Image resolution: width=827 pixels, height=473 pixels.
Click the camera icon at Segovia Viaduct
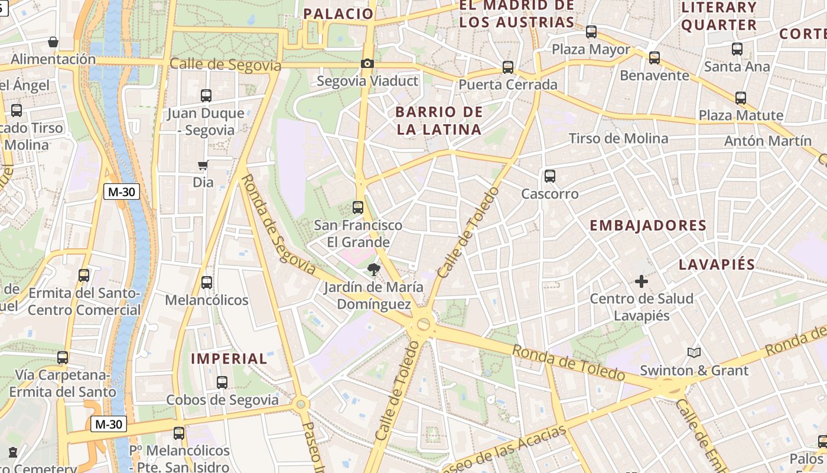coord(367,63)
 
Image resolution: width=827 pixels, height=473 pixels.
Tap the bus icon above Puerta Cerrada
coord(508,67)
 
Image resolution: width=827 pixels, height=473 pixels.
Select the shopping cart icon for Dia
coord(203,166)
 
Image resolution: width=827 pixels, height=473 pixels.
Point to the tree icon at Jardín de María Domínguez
coord(373,270)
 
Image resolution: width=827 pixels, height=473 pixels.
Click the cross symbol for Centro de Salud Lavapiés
coord(642,281)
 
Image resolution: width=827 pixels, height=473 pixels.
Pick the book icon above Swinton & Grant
coord(694,353)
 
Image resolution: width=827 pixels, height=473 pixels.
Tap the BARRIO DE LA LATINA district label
coord(439,121)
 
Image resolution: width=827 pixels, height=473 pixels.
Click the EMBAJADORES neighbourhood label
coord(648,225)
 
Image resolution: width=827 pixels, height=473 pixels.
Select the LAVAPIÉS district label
coord(717,264)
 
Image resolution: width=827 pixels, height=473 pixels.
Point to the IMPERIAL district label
coord(229,358)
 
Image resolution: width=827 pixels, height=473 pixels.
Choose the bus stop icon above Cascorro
coord(550,176)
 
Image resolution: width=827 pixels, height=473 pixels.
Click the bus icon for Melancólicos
coord(207,283)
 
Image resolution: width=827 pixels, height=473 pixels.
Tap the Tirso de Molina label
coord(618,138)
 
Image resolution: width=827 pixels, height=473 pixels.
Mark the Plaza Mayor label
coord(591,50)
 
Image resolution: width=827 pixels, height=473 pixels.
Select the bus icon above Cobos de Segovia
coord(222,383)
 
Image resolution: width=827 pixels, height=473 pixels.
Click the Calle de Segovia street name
coord(225,64)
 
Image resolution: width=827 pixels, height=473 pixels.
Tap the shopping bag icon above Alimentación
coord(53,42)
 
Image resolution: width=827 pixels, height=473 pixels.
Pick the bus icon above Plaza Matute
coord(741,98)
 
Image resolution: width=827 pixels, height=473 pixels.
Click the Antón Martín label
coord(768,141)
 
